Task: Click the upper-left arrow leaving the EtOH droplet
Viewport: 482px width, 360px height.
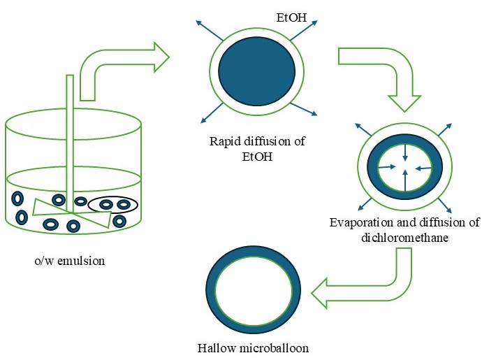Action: [202, 28]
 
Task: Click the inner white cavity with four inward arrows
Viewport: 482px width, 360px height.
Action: [404, 167]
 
